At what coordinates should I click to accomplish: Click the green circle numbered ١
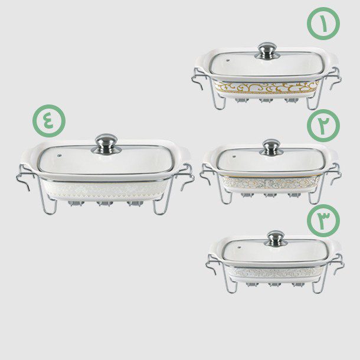tap(323, 24)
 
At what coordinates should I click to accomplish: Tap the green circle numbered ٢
tap(323, 125)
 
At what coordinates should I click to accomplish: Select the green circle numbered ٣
tap(323, 220)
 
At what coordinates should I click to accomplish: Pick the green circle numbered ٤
tap(49, 121)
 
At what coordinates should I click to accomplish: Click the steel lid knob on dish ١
tap(267, 51)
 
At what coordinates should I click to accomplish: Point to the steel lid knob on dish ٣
tap(276, 238)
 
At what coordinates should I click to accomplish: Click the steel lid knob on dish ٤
tap(106, 143)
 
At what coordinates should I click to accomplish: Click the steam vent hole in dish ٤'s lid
tap(59, 156)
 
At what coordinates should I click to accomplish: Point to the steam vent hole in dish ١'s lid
tap(228, 61)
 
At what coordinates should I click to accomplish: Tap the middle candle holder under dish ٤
tap(104, 204)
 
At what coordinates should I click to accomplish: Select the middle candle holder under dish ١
tap(266, 100)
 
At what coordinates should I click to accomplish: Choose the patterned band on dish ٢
tap(271, 182)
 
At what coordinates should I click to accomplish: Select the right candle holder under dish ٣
tap(298, 284)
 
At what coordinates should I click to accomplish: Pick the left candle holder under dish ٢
tap(247, 195)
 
